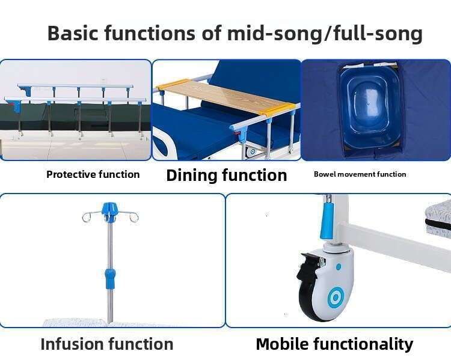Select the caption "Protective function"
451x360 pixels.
pos(93,174)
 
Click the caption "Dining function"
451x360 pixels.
pos(227,175)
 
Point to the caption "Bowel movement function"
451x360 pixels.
pos(360,174)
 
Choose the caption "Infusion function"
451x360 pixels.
pos(107,344)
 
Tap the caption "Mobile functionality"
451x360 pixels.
pos(334,344)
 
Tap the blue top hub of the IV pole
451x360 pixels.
pos(110,211)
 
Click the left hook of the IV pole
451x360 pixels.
pos(89,216)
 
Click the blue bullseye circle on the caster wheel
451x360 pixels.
pos(336,296)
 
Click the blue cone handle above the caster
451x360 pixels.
pos(327,220)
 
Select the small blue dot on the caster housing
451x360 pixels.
pos(339,267)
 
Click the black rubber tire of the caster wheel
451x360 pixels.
pos(308,305)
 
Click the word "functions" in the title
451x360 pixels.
pos(150,33)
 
